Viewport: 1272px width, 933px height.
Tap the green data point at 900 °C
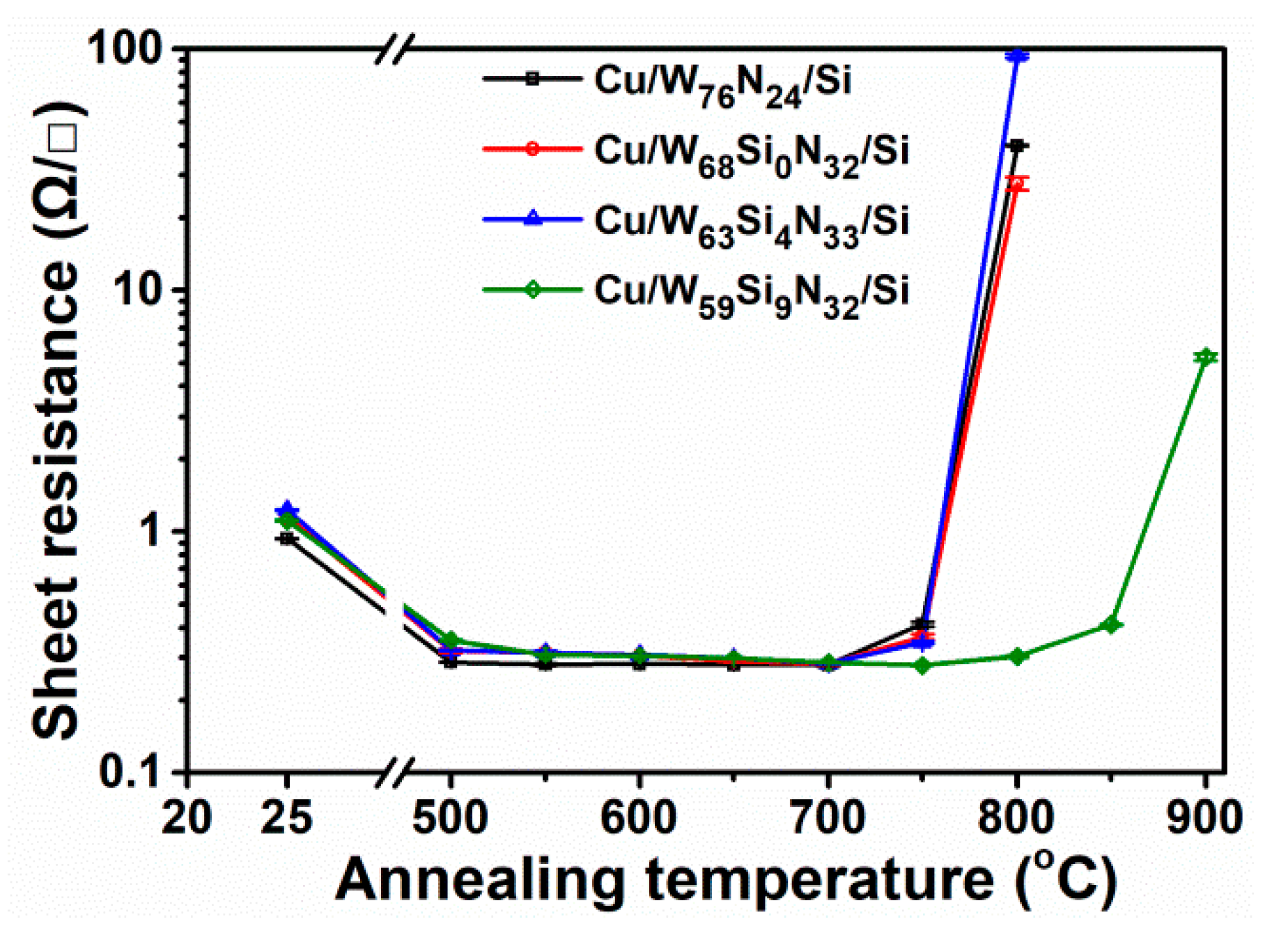coord(1205,357)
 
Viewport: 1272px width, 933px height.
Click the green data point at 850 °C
coord(1112,625)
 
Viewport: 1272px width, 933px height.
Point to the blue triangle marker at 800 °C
coord(1017,56)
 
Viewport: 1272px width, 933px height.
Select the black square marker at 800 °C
coord(1017,146)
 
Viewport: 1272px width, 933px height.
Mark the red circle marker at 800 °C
coord(1018,184)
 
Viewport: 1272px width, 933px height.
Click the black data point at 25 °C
coord(286,539)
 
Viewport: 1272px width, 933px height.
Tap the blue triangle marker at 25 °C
coord(286,509)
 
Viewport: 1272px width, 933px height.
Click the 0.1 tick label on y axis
coord(130,771)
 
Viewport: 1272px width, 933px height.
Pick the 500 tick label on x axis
coord(450,817)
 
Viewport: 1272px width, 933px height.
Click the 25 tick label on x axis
coord(286,817)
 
